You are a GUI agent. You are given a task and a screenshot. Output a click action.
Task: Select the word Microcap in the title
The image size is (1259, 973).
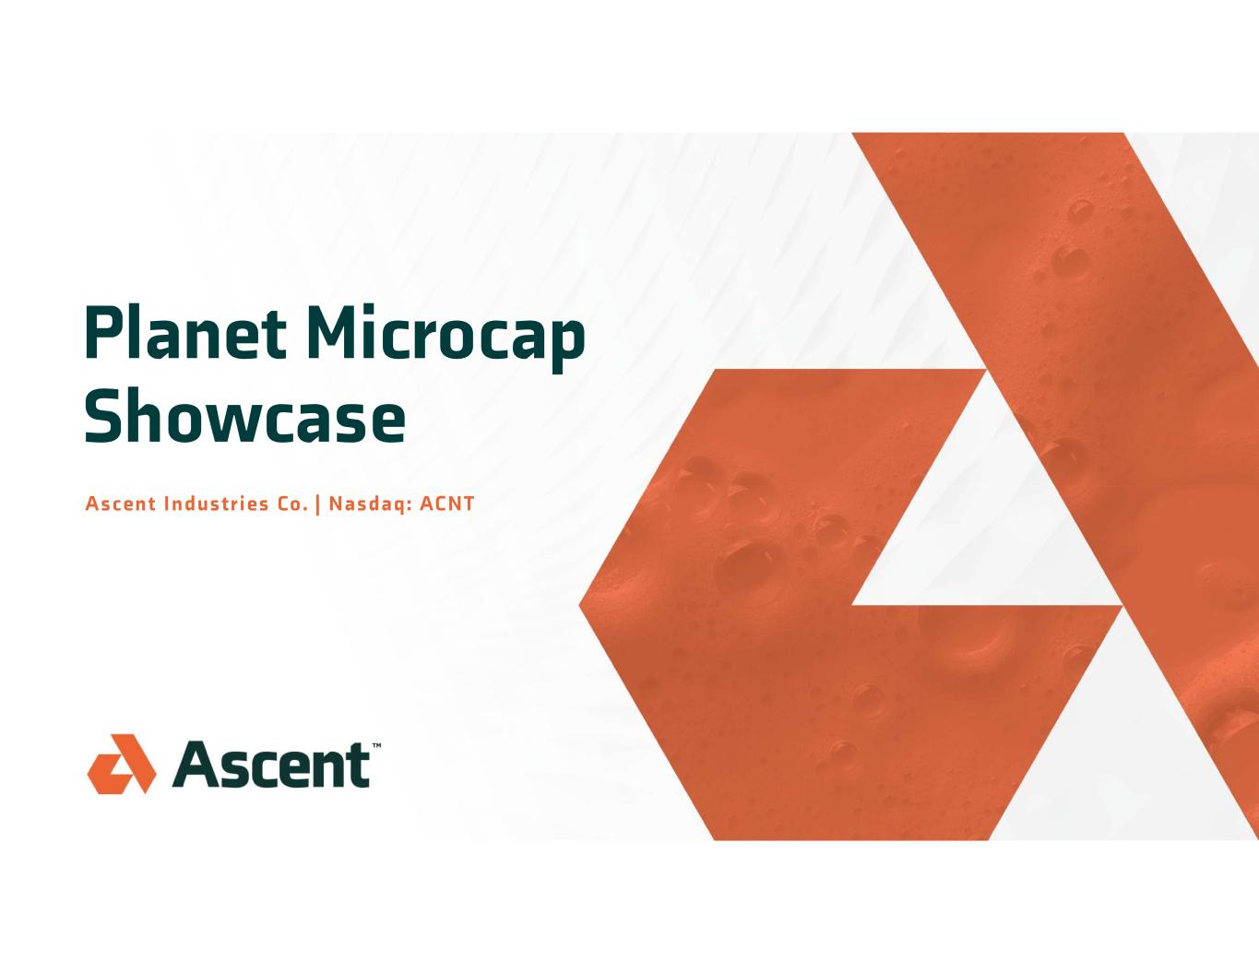446,338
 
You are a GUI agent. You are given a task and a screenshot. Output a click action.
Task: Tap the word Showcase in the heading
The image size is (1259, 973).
244,415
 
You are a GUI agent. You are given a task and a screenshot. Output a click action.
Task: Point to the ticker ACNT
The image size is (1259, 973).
446,504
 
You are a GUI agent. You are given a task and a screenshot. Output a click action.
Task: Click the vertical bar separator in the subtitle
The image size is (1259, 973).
317,504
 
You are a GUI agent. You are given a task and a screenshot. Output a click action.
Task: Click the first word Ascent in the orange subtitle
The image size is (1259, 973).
121,504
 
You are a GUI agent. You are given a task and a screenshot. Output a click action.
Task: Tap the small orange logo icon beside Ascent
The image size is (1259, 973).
122,764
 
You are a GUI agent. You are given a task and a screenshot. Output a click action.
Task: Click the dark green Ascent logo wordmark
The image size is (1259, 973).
271,764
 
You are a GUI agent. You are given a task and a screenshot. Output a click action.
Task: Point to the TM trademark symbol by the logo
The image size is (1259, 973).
376,745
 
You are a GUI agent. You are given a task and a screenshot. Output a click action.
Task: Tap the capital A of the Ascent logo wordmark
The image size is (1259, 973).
196,765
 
